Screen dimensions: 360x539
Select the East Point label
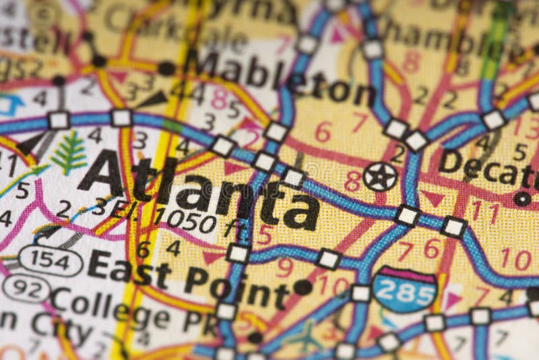189,277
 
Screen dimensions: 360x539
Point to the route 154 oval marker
51,260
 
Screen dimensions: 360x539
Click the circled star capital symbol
380,177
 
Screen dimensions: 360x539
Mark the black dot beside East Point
303,287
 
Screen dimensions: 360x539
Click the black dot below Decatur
522,198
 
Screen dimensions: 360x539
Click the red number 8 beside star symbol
352,181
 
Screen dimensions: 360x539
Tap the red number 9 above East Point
284,268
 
